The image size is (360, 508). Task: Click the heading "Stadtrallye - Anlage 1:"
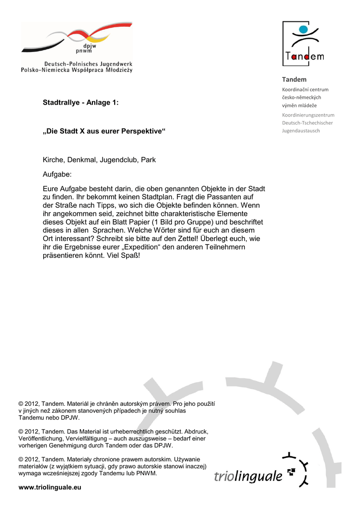pos(80,103)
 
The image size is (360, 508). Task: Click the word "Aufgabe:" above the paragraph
pos(57,175)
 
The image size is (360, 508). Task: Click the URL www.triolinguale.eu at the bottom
pos(49,488)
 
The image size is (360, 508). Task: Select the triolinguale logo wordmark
pos(248,476)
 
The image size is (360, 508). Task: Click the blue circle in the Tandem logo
pos(303,30)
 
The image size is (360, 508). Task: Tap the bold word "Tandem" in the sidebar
pos(294,79)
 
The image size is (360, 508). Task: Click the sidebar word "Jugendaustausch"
pos(301,130)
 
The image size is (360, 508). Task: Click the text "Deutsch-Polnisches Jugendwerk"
pos(88,64)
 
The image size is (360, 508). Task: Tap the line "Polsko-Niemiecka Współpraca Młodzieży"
pos(76,70)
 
